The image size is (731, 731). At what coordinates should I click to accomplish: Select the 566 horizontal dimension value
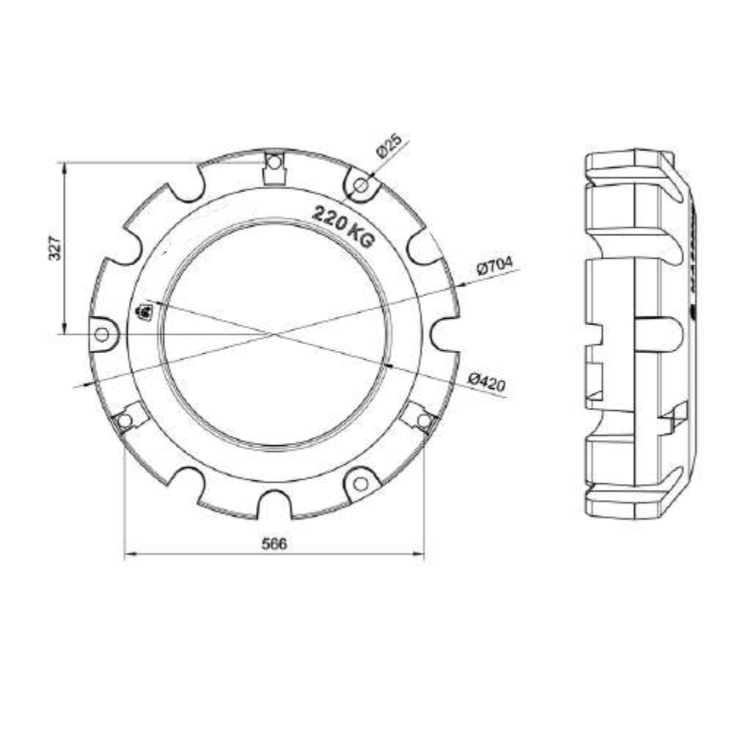coord(275,544)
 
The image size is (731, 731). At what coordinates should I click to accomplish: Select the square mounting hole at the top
coord(273,162)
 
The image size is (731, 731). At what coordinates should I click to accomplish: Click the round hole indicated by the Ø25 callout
coord(360,186)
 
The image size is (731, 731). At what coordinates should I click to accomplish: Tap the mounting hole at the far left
coord(102,334)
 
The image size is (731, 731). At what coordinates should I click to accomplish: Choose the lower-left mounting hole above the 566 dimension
coord(125,420)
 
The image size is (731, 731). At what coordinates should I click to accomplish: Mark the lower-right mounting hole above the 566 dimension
coord(423,420)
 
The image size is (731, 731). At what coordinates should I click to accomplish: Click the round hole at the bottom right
coord(360,483)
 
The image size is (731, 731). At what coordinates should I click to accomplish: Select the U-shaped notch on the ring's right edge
coord(443,334)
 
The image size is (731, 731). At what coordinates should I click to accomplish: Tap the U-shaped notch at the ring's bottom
coord(274,504)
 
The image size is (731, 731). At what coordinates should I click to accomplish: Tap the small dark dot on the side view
coord(692,314)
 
